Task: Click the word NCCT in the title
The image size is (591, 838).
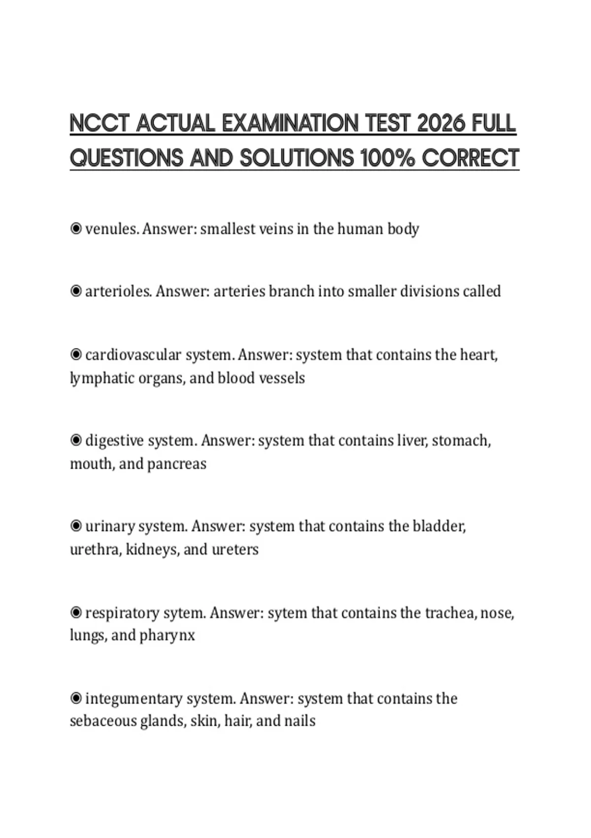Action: pyautogui.click(x=100, y=123)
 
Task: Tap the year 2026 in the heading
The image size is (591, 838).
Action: pyautogui.click(x=441, y=123)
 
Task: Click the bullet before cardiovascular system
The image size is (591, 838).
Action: pyautogui.click(x=76, y=354)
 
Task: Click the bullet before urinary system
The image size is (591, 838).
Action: pyautogui.click(x=76, y=526)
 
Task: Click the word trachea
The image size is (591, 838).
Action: pyautogui.click(x=448, y=613)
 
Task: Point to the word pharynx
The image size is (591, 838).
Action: pyautogui.click(x=167, y=635)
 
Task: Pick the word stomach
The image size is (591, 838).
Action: pyautogui.click(x=460, y=440)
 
